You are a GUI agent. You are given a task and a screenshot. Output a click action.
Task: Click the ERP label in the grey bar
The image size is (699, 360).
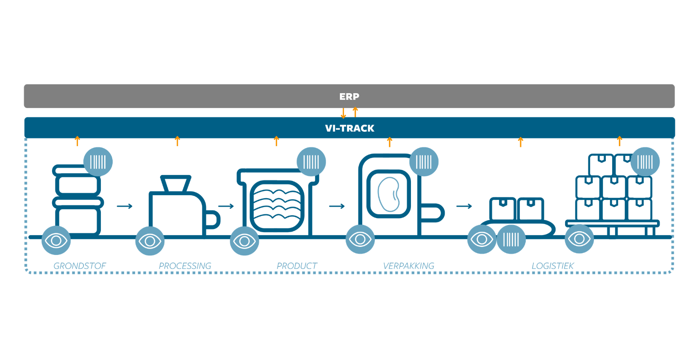point(349,97)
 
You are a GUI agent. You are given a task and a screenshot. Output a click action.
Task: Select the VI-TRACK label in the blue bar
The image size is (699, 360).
point(349,128)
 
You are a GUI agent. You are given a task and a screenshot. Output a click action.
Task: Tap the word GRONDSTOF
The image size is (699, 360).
point(80,266)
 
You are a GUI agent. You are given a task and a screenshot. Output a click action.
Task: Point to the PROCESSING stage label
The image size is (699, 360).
point(185,266)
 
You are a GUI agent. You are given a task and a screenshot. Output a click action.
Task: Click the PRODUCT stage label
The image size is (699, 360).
point(297,266)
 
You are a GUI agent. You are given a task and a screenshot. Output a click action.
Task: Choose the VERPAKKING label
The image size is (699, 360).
point(409,266)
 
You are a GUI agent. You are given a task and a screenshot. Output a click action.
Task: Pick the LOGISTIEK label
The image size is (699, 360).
point(553,266)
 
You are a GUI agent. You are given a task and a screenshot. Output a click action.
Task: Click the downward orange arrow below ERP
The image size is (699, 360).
point(343,113)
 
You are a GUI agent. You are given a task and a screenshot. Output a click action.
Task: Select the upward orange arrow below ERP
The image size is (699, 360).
point(355,112)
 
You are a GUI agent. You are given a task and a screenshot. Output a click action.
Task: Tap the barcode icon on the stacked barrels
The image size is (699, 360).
point(98,162)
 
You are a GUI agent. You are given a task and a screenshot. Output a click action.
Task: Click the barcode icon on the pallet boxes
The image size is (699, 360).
point(645,162)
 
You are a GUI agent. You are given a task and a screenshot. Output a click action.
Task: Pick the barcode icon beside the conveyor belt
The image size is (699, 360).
point(511,240)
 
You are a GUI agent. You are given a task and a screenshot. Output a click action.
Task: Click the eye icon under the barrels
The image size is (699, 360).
point(56,241)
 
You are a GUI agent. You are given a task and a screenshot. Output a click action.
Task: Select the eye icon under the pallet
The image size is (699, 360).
point(579,239)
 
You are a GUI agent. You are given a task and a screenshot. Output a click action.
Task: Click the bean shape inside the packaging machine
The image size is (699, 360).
point(388,194)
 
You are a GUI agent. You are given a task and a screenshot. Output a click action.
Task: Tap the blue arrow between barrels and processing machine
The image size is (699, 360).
point(125,206)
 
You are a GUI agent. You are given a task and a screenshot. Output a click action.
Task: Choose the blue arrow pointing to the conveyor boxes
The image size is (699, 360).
point(464,206)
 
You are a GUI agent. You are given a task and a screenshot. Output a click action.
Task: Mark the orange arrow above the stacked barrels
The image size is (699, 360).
point(77,141)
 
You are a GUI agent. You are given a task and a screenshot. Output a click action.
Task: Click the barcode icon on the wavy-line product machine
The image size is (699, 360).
point(311,162)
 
